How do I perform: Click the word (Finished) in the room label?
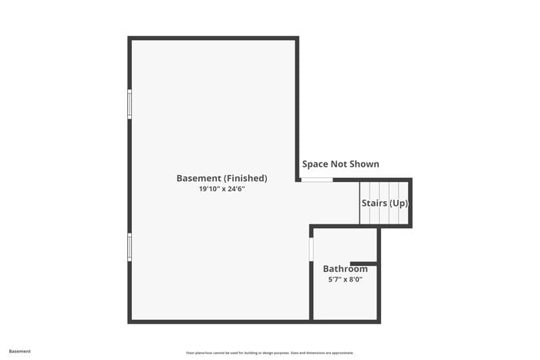(245, 178)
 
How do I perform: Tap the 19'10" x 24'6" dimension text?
(221, 189)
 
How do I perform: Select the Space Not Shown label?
(340, 164)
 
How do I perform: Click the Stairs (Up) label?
(385, 204)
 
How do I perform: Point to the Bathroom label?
(345, 269)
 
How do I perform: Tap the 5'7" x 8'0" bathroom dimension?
(345, 280)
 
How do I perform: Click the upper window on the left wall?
(130, 103)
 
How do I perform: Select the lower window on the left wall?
(130, 247)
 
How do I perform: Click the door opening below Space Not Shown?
(316, 180)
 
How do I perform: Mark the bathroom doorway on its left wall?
(311, 249)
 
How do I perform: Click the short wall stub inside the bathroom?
(363, 263)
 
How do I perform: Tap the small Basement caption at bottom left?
(20, 352)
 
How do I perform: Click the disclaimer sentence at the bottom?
(269, 352)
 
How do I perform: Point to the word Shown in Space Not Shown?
(362, 164)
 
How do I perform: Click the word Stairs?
(374, 204)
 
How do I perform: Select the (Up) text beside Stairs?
(398, 204)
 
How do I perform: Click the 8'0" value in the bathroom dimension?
(355, 280)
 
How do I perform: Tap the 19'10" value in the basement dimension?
(209, 189)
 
